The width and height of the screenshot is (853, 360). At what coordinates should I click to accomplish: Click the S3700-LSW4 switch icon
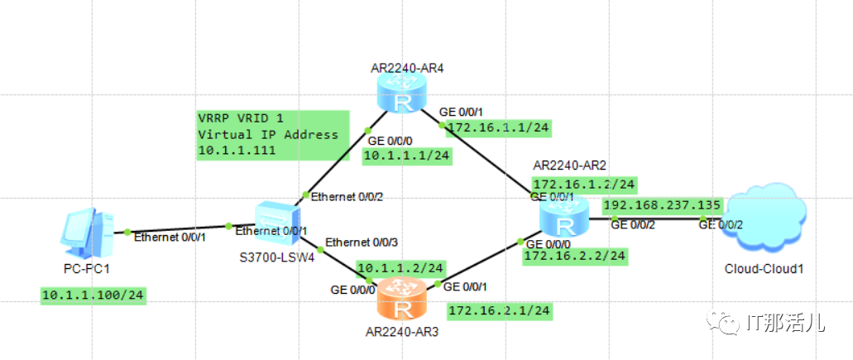click(274, 223)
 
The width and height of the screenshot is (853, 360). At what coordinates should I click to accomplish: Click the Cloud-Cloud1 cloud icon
click(764, 219)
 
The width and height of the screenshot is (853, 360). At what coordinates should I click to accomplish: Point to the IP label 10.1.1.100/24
click(93, 295)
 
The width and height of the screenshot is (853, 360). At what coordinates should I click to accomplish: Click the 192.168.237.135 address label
click(663, 205)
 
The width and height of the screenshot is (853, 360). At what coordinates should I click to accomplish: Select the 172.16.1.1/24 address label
click(499, 127)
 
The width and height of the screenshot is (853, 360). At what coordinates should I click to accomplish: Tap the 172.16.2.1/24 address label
click(499, 310)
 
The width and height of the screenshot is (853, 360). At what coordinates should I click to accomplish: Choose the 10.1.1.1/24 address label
click(407, 155)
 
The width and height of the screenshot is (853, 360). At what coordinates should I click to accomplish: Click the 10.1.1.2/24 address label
click(400, 268)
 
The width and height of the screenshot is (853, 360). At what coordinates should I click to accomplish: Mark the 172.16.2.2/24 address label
click(575, 257)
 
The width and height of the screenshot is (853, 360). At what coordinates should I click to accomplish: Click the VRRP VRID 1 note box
click(268, 134)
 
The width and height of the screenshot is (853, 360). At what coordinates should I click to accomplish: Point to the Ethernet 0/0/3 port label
click(362, 242)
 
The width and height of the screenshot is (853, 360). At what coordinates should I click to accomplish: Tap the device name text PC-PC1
click(87, 269)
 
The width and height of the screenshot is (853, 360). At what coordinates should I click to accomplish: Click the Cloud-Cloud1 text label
click(764, 268)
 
